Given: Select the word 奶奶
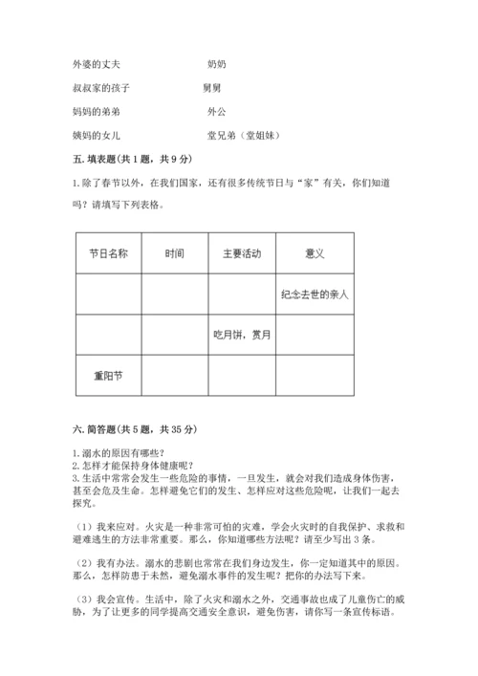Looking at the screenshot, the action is click(x=217, y=64).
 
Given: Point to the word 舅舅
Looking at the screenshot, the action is click(x=213, y=88).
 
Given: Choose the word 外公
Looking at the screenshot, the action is click(x=217, y=112).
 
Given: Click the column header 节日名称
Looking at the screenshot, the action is click(x=108, y=254).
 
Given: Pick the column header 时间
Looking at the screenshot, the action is click(x=174, y=254).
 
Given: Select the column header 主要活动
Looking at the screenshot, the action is click(x=241, y=254).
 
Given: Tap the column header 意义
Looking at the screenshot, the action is click(x=315, y=254).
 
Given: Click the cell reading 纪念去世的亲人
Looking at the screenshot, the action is click(x=315, y=294).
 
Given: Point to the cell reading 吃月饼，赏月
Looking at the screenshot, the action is click(x=242, y=335).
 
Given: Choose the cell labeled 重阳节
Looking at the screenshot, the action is click(x=108, y=375).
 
